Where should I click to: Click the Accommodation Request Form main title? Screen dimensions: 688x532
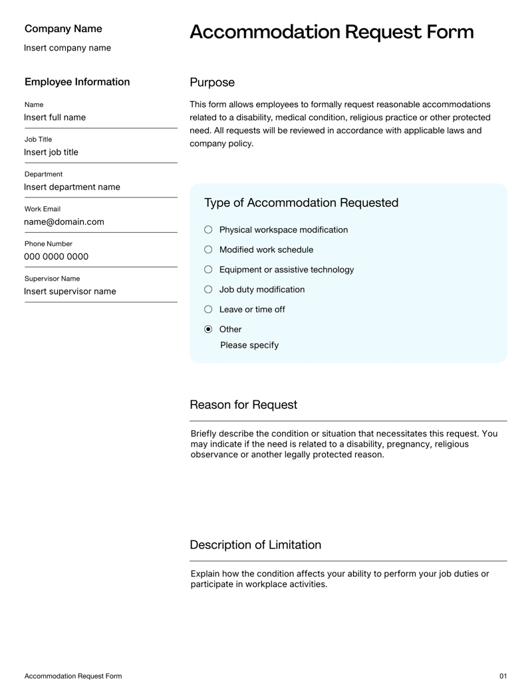(331, 32)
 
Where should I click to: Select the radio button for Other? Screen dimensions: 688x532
(208, 329)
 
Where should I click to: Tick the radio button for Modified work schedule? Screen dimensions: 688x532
(208, 249)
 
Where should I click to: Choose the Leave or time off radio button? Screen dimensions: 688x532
(208, 309)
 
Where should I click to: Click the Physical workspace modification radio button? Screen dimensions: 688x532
(208, 229)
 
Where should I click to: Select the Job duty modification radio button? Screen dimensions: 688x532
(208, 289)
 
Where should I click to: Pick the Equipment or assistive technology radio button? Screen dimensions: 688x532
(208, 269)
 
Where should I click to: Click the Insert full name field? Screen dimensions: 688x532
(55, 118)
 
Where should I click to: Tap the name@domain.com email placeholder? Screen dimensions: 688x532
(65, 222)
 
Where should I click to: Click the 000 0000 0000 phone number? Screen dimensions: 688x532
(56, 257)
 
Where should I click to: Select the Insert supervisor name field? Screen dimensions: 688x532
(70, 291)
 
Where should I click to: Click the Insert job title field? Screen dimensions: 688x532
(51, 152)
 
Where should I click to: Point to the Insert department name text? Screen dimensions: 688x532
(72, 187)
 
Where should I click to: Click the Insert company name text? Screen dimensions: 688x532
(67, 48)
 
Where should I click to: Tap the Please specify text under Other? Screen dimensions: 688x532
(249, 345)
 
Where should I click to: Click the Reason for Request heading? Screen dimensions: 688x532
(243, 405)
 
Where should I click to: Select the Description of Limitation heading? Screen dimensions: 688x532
(255, 545)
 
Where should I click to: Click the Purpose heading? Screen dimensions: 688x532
(212, 82)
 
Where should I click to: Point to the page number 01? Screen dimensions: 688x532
(503, 676)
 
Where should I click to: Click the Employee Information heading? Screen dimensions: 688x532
(77, 82)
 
